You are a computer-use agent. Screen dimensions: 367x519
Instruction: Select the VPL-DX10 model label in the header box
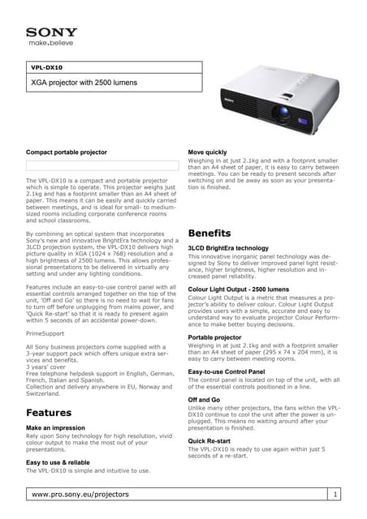click(46, 68)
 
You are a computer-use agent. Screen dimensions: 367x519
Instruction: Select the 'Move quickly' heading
click(208, 152)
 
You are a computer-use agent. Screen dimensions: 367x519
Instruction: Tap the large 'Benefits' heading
click(209, 234)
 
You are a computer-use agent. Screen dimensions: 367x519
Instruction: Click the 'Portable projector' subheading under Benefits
click(214, 337)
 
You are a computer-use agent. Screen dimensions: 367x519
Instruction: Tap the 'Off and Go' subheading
click(204, 400)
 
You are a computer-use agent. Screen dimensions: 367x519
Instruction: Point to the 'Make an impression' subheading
click(56, 427)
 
